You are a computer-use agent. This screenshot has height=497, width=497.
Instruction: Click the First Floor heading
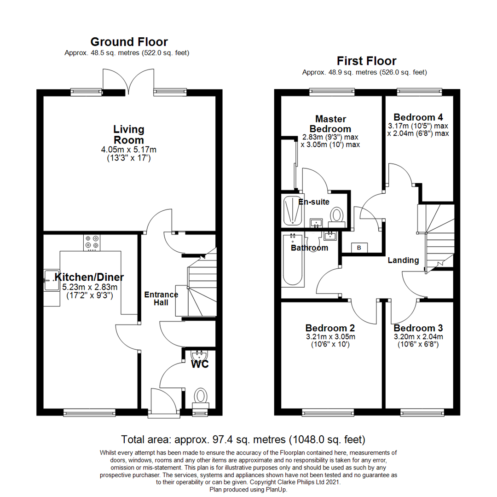[x=366, y=61]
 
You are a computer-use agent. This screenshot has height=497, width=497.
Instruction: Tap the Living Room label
[x=128, y=134]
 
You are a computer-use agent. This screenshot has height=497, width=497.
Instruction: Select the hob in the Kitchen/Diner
[x=91, y=243]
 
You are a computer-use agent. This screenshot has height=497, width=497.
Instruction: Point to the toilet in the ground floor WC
[x=201, y=396]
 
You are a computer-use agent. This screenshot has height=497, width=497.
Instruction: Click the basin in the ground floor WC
[x=199, y=356]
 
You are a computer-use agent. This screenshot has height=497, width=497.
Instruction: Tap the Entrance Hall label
[x=161, y=298]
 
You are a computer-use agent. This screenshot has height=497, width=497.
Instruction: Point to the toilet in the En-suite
[x=337, y=215]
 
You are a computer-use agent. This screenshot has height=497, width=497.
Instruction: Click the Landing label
[x=403, y=260]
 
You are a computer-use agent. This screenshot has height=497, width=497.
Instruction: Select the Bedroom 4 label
[x=418, y=117]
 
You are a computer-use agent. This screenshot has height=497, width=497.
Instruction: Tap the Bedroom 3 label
[x=418, y=328]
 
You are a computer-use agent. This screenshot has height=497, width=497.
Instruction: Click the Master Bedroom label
[x=330, y=124]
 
